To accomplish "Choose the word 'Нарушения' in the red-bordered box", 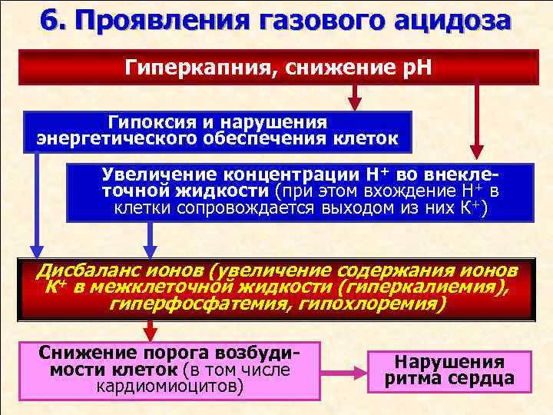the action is pos(449,363).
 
